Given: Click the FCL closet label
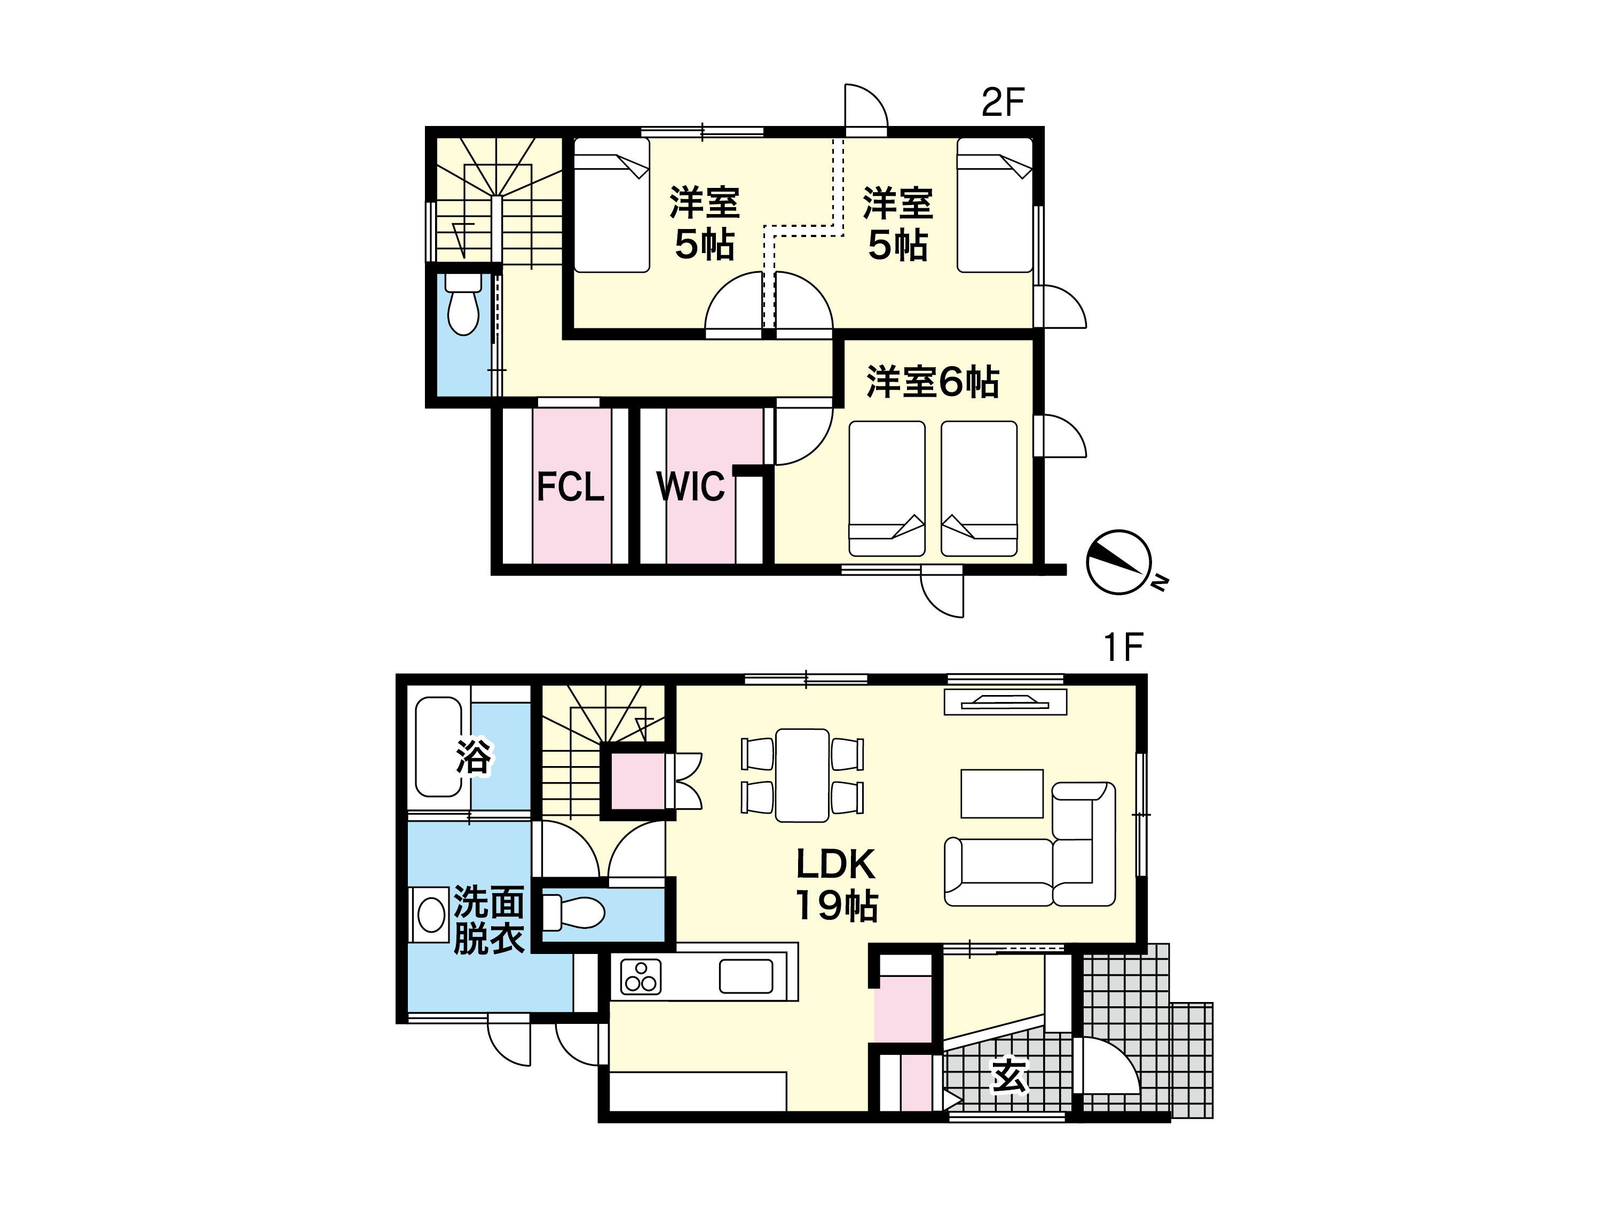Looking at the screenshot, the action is [570, 487].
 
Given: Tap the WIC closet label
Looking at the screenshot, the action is [690, 487].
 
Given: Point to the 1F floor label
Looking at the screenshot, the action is [1124, 647].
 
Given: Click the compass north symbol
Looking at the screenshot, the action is [1119, 562].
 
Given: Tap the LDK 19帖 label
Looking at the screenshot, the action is [837, 885].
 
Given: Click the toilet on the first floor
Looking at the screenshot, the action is [574, 912].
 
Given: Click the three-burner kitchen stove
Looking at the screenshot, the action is [641, 976].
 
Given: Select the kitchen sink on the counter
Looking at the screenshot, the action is [746, 976].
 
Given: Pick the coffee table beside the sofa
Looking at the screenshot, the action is [1001, 794].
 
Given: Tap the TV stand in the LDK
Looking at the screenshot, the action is [1005, 702].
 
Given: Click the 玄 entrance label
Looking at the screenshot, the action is [1009, 1076].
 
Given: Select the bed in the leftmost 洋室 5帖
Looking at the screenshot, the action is [612, 205].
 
